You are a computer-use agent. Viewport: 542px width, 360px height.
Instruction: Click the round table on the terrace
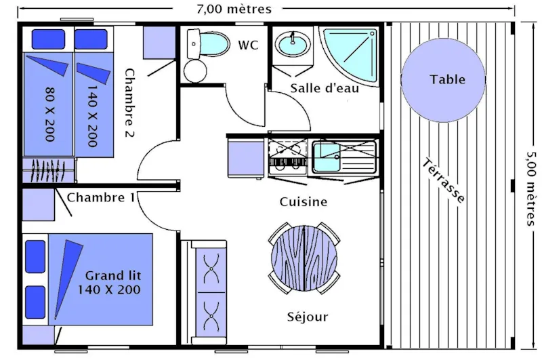point(443,80)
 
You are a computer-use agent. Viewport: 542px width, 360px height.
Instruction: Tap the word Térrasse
point(444,182)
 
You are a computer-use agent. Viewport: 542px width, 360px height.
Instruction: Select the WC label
point(248,45)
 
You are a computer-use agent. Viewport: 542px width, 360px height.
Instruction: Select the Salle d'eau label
point(325,88)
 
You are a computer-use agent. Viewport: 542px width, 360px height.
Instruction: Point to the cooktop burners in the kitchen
point(287,155)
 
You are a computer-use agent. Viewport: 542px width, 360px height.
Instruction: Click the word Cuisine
point(304,202)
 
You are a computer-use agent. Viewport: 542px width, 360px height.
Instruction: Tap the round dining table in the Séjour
point(304,258)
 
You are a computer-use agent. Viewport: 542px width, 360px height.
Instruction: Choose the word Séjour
point(307,317)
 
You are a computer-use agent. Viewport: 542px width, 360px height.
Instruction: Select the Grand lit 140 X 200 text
point(112,283)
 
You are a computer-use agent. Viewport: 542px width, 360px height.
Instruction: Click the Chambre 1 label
point(101,197)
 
